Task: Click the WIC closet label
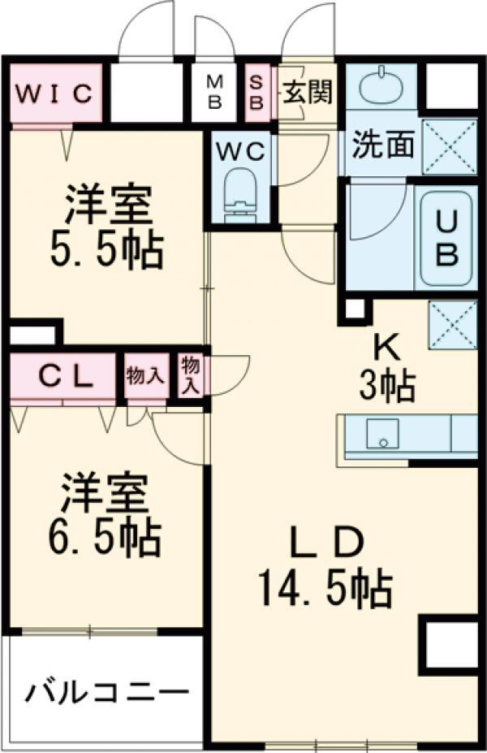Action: tap(54, 93)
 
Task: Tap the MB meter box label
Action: tap(214, 93)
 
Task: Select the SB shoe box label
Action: tap(256, 93)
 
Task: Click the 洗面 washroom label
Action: tap(383, 144)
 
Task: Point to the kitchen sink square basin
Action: tap(382, 433)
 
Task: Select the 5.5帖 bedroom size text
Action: tap(106, 250)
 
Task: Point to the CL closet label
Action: tap(66, 377)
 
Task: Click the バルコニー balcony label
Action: tap(107, 692)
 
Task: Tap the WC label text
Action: tap(240, 152)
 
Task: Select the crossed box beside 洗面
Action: tap(450, 147)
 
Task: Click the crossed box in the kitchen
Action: tap(452, 325)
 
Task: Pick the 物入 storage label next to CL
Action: tap(145, 375)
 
